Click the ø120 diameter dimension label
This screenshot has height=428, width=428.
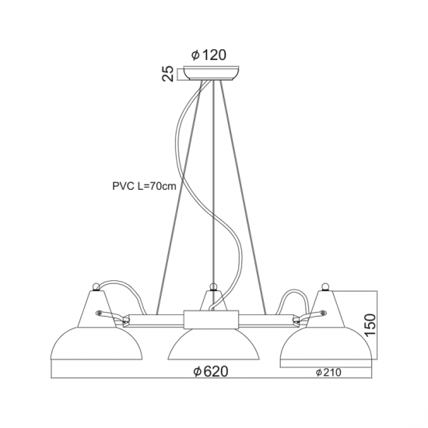pos(209,55)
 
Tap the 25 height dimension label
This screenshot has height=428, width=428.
pos(168,73)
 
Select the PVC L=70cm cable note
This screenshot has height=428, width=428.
pos(145,186)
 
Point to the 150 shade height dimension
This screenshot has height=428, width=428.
pos(370,325)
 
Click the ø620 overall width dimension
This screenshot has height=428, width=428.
pos(210,371)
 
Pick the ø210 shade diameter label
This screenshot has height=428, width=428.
pos(328,372)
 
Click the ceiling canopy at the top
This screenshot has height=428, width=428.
pos(212,73)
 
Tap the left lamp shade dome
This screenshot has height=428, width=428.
pos(96,343)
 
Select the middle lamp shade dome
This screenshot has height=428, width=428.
pos(214,345)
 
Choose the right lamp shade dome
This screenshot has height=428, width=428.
pos(326,343)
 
